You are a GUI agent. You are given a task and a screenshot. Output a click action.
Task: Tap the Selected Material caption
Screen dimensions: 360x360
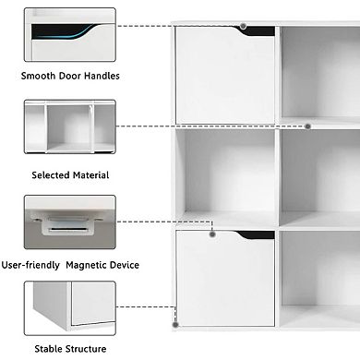(x=71, y=174)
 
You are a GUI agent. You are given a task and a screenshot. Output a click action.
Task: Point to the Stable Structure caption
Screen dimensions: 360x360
(x=70, y=349)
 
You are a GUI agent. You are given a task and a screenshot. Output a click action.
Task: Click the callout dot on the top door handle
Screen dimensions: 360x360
(x=243, y=27)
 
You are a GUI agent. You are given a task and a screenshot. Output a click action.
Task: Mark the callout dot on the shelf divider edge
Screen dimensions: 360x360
(x=307, y=126)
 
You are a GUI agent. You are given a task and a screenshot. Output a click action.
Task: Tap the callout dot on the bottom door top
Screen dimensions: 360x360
(x=211, y=234)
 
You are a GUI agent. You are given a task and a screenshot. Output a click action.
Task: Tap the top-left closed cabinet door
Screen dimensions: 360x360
(x=224, y=77)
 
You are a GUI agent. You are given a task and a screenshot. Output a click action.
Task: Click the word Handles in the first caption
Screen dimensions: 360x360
(x=101, y=75)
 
